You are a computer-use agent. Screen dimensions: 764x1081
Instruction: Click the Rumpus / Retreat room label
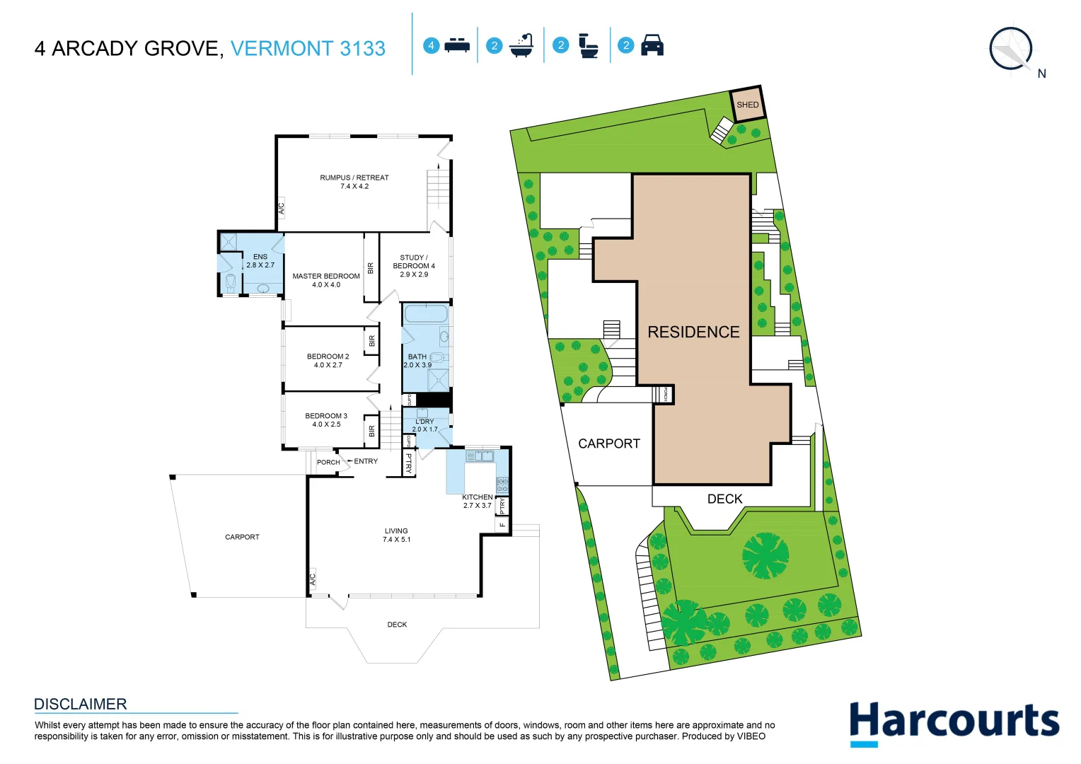click(x=354, y=182)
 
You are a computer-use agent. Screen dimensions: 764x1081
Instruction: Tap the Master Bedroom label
click(x=326, y=280)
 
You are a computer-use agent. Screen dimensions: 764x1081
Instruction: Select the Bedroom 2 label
click(x=328, y=361)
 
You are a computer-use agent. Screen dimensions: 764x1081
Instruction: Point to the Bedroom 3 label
click(x=326, y=420)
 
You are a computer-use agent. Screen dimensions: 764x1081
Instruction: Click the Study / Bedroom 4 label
click(x=414, y=266)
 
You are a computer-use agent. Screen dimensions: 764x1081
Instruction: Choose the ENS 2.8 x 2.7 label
click(x=260, y=261)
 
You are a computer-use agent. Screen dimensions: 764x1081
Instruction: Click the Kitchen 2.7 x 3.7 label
click(x=477, y=502)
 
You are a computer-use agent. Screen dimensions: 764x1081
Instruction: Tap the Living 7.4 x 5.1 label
click(x=396, y=535)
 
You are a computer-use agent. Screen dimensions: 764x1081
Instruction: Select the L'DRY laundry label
click(x=424, y=425)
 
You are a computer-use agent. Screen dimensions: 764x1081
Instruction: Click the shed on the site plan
click(x=747, y=105)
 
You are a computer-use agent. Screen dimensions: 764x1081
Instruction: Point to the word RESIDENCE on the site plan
click(x=693, y=332)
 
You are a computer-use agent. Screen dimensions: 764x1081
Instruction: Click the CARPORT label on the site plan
click(x=608, y=444)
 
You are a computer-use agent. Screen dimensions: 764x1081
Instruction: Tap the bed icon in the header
click(x=457, y=46)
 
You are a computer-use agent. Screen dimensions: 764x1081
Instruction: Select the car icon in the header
click(x=652, y=46)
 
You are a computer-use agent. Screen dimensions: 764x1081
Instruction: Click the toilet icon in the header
click(x=588, y=46)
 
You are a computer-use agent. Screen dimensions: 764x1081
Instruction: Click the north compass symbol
click(x=1012, y=50)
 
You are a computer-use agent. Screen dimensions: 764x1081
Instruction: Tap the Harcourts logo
click(x=954, y=722)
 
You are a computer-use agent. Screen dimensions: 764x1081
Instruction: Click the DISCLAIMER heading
click(x=81, y=704)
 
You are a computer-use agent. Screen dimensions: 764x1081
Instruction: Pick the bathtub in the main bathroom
click(x=426, y=313)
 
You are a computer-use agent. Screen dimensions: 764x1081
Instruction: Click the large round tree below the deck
click(x=765, y=555)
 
